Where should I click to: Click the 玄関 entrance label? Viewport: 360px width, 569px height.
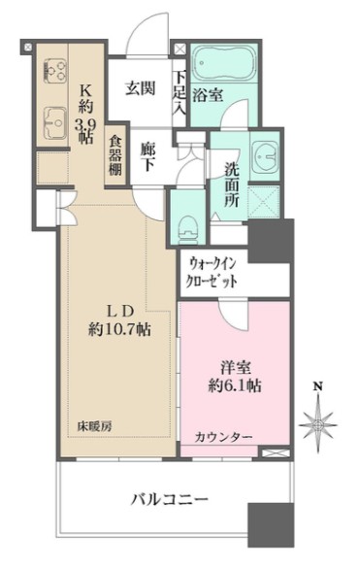pos(141,88)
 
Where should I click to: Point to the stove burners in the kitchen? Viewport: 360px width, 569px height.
pos(53,71)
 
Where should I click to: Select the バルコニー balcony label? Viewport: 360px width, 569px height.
pos(170,499)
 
